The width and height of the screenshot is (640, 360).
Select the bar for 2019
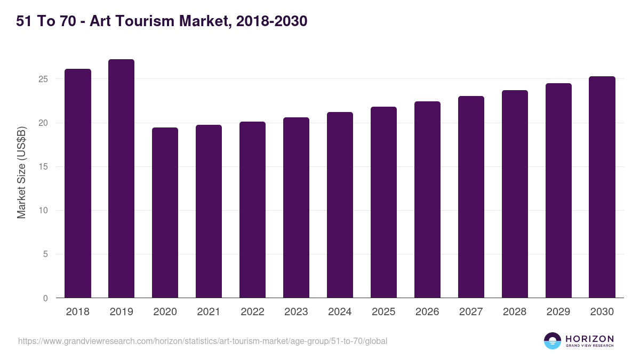tap(121, 179)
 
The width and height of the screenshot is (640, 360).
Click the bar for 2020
tap(165, 213)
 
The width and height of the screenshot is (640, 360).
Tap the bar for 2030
tap(602, 187)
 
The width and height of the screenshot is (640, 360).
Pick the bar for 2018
tap(77, 183)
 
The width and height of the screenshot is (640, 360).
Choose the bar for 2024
tap(340, 205)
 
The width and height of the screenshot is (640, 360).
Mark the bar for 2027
tap(471, 197)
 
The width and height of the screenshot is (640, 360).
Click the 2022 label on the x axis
tap(252, 312)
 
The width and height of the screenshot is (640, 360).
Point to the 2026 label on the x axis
tap(427, 312)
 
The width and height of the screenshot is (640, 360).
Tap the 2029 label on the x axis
tap(558, 312)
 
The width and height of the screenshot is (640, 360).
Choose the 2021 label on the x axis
tap(209, 312)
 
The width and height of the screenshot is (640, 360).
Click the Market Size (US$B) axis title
tap(22, 172)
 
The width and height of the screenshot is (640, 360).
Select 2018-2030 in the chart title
tap(270, 21)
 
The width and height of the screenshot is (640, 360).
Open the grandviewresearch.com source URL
tap(203, 341)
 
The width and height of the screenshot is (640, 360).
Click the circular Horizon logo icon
tap(553, 341)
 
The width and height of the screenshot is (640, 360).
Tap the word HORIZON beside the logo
tap(589, 339)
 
